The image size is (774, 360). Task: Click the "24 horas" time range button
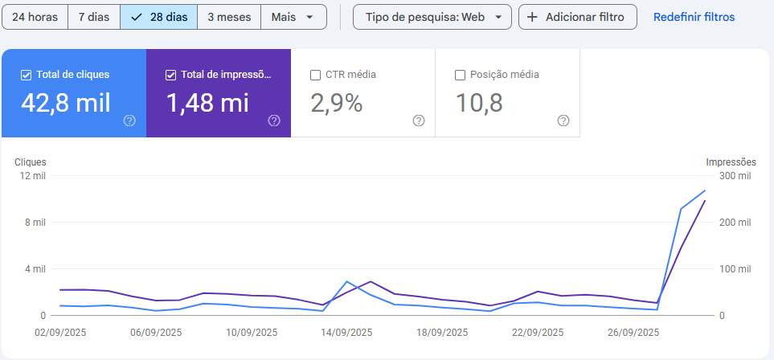(35, 17)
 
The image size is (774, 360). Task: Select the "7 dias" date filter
(93, 17)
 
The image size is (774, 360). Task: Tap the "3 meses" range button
(229, 17)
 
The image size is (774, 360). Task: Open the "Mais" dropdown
(293, 17)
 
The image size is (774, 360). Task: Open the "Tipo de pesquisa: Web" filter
(432, 17)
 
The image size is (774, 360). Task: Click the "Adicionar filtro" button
(577, 17)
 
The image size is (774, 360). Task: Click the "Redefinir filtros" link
(694, 17)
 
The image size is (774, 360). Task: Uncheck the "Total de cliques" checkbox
(27, 75)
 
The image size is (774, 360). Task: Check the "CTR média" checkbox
(316, 75)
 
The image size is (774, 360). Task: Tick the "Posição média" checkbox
(461, 75)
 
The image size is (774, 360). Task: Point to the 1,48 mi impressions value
(207, 103)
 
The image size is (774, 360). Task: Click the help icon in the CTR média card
(419, 121)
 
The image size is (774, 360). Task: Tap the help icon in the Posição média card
(563, 121)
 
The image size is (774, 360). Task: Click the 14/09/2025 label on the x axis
(346, 332)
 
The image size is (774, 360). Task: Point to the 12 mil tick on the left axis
(33, 176)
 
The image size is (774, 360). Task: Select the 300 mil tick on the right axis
(735, 176)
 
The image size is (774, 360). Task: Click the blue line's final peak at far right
(705, 190)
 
